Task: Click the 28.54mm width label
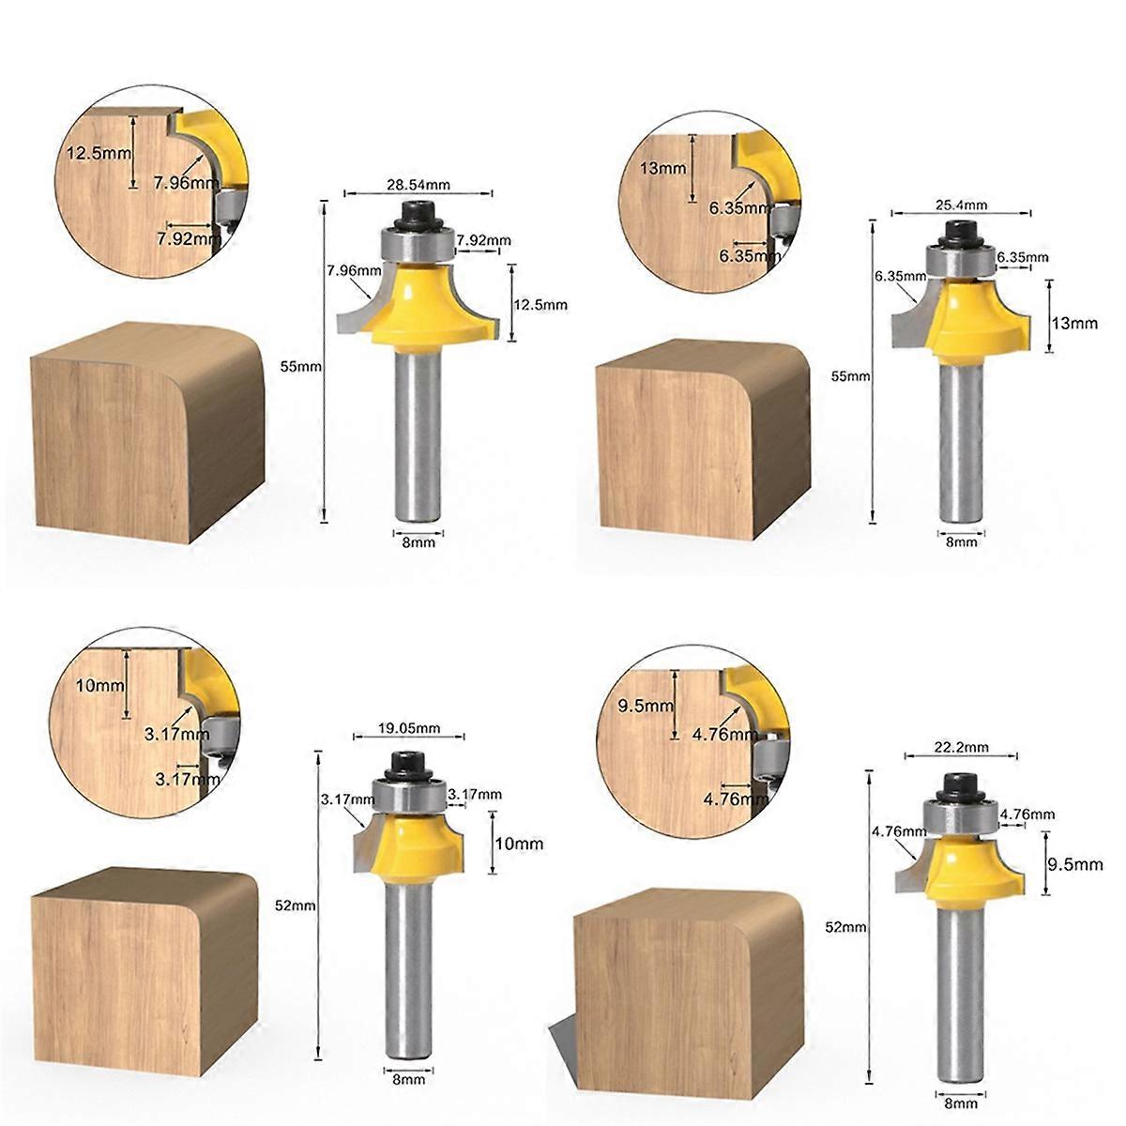pyautogui.click(x=418, y=185)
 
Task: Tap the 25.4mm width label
pyautogui.click(x=961, y=205)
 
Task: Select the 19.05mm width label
pyautogui.click(x=409, y=729)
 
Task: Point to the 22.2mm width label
pyautogui.click(x=962, y=747)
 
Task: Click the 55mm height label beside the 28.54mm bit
pyautogui.click(x=300, y=366)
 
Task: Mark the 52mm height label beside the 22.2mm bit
pyautogui.click(x=846, y=927)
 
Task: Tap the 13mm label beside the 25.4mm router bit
pyautogui.click(x=1074, y=323)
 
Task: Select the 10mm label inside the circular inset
pyautogui.click(x=99, y=685)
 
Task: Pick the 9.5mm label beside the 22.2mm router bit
pyautogui.click(x=1075, y=864)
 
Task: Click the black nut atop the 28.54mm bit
pyautogui.click(x=418, y=216)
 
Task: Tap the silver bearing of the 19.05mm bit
pyautogui.click(x=408, y=796)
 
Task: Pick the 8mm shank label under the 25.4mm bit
pyautogui.click(x=961, y=543)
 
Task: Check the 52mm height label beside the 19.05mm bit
pyautogui.click(x=295, y=905)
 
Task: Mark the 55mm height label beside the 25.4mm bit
pyautogui.click(x=851, y=376)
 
